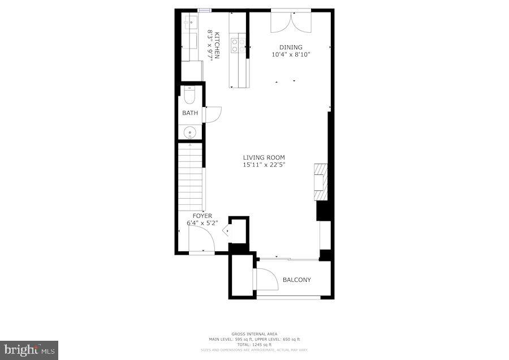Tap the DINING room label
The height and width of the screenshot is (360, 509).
pyautogui.click(x=291, y=48)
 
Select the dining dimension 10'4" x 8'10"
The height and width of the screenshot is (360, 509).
pyautogui.click(x=291, y=55)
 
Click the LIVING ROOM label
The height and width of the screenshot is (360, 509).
pyautogui.click(x=264, y=157)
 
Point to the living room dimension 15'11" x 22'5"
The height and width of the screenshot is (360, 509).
pyautogui.click(x=264, y=165)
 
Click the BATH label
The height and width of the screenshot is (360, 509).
pyautogui.click(x=190, y=113)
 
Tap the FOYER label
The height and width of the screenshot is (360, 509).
pyautogui.click(x=202, y=216)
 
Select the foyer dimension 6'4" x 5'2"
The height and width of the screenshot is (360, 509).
pyautogui.click(x=202, y=223)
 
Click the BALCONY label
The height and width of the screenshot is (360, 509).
pyautogui.click(x=297, y=280)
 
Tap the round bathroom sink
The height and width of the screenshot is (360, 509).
pyautogui.click(x=189, y=134)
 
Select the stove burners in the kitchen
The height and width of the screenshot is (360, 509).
pyautogui.click(x=238, y=45)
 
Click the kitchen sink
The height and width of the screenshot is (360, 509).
pyautogui.click(x=189, y=23)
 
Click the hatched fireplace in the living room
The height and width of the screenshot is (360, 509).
pyautogui.click(x=320, y=182)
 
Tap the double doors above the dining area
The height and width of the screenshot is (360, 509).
pyautogui.click(x=291, y=22)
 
